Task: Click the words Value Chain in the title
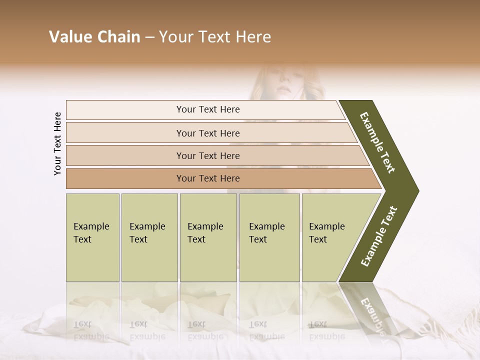[x=94, y=37]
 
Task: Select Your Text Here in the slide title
[x=214, y=37]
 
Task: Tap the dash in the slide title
[x=149, y=37]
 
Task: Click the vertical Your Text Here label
[x=57, y=143]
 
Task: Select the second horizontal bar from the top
[x=207, y=133]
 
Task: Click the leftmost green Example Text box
[x=92, y=237]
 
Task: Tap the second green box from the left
[x=149, y=237]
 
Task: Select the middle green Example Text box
[x=208, y=237]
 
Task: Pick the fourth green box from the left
[x=269, y=237]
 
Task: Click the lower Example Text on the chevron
[x=378, y=236]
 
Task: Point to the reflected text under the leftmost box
[x=91, y=330]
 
